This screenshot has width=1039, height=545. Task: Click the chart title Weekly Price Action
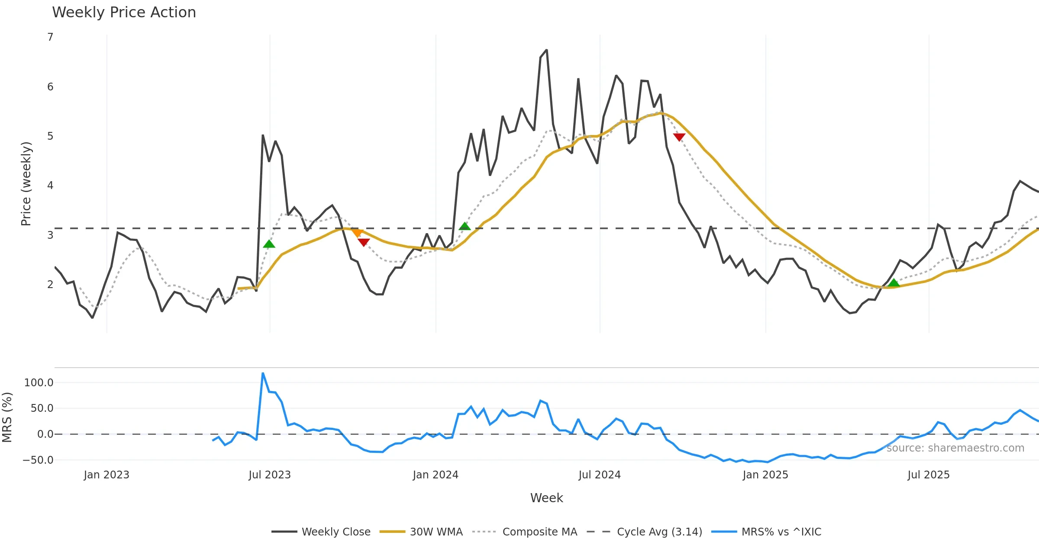click(x=124, y=13)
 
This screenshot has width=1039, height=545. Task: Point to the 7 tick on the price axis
click(x=50, y=37)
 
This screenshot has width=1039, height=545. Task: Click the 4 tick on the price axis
click(x=50, y=186)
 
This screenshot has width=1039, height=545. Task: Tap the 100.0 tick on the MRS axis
click(x=39, y=383)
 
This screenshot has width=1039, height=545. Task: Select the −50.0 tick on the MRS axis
click(x=38, y=460)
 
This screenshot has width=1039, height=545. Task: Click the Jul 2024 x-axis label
click(x=600, y=475)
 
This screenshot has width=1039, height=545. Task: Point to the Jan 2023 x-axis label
click(x=106, y=475)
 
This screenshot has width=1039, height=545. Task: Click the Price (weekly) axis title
click(x=26, y=184)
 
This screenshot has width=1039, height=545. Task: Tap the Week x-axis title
click(x=546, y=498)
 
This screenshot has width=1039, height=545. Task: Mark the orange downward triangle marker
click(x=357, y=233)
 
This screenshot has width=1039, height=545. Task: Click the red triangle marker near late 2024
click(x=679, y=137)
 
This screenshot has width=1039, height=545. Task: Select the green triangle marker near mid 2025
click(x=894, y=283)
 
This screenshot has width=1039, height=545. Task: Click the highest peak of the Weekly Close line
click(x=546, y=50)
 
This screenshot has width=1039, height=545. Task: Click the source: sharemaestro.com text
click(x=955, y=448)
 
